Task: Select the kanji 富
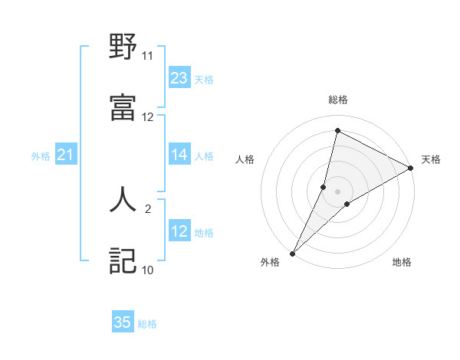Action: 123,108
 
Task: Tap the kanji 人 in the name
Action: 123,200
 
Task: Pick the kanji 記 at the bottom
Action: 123,261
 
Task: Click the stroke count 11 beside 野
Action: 147,56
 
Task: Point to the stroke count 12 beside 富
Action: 147,117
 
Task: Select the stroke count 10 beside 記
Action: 147,270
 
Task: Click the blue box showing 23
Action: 179,78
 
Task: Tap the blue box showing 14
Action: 179,155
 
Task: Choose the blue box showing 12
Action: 179,231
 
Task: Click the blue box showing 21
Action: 66,155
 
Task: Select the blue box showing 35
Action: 123,322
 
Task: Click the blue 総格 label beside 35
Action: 147,324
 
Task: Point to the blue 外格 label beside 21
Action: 41,156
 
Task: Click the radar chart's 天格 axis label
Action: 431,159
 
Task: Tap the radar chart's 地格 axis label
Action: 402,262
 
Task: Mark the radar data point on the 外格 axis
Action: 292,254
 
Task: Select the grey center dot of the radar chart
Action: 337,191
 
